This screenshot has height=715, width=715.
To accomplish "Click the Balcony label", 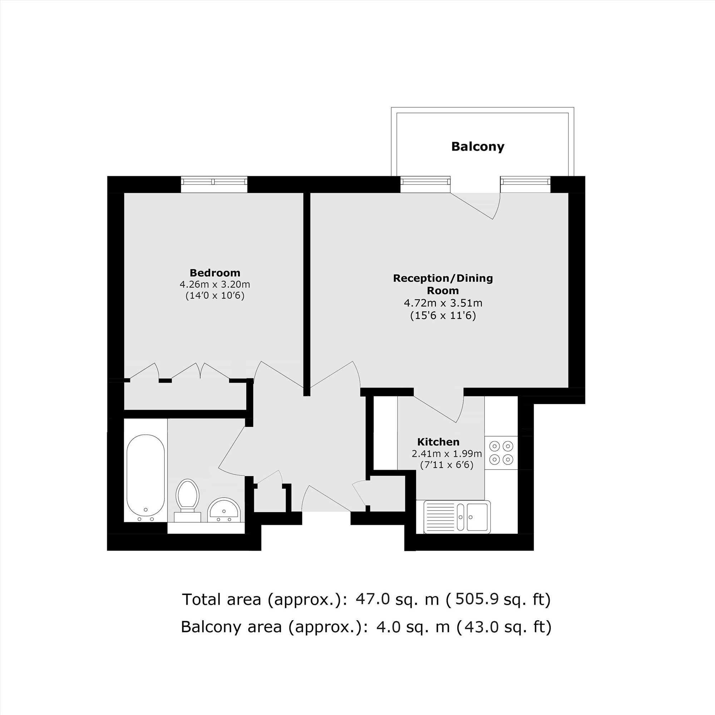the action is tap(478, 147).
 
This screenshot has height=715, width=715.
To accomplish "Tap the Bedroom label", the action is tap(215, 273).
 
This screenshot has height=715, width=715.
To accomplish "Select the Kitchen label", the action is tap(438, 442).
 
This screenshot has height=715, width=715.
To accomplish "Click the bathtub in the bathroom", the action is tap(146, 478).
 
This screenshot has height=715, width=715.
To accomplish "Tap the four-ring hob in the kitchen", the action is tap(501, 452).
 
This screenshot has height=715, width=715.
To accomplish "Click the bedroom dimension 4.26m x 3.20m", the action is tap(215, 285).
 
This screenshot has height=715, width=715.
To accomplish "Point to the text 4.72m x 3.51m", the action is tap(443, 304).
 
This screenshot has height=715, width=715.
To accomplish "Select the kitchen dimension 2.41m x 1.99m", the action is tap(447, 454).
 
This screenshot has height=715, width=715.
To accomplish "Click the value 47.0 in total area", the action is tap(373, 599).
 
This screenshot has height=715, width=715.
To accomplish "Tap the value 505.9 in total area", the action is tap(476, 599).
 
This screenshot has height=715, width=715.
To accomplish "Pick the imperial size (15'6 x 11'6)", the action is tap(443, 316).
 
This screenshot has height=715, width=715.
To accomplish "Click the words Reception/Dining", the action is tap(443, 278).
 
